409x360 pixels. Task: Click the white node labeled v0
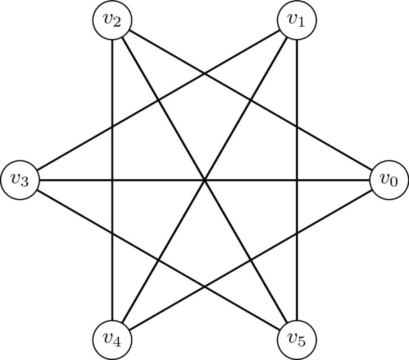tap(389, 180)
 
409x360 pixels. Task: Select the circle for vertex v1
tap(297, 20)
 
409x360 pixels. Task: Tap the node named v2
tap(112, 20)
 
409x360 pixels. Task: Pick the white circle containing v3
tap(20, 180)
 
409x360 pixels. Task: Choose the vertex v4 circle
tap(112, 340)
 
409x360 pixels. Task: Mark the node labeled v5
tap(297, 340)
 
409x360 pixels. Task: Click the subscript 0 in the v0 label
tap(394, 182)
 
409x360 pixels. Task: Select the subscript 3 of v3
tap(25, 182)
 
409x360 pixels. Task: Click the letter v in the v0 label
tap(385, 179)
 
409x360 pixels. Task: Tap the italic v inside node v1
tap(292, 19)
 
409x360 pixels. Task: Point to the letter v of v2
tap(108, 19)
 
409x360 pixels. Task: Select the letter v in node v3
tap(15, 179)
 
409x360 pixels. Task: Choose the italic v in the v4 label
tap(108, 339)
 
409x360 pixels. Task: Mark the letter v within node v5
tap(292, 339)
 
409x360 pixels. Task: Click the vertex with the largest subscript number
tap(297, 340)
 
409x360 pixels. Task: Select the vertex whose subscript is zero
tap(389, 180)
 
